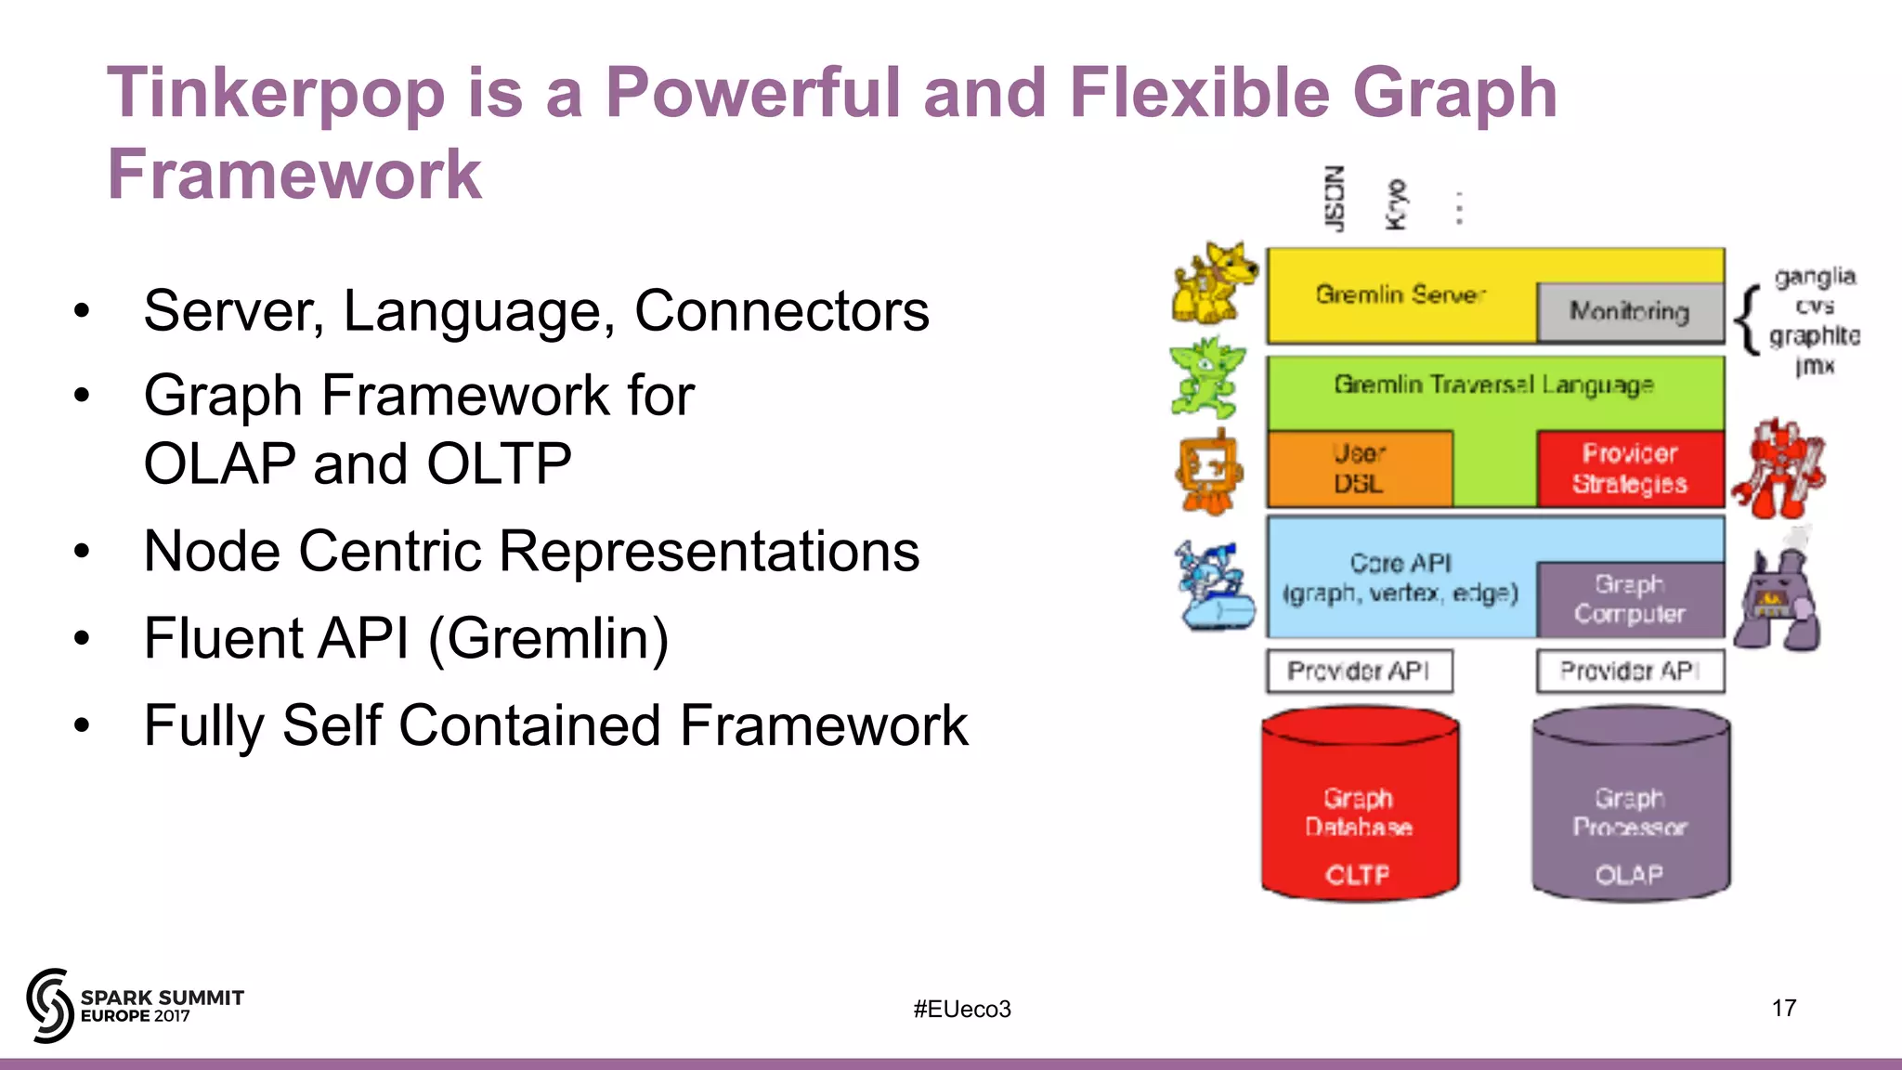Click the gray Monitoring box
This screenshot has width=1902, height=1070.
(1630, 312)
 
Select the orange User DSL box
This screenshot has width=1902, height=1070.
(1360, 468)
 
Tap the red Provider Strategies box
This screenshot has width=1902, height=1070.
(1630, 468)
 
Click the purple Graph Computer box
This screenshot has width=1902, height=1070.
(1630, 599)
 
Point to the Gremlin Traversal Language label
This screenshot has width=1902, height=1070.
(1493, 385)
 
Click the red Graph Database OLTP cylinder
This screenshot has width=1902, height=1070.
(1360, 808)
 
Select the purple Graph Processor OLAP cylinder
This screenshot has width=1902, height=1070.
(1631, 808)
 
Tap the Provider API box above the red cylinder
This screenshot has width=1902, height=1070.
(1360, 671)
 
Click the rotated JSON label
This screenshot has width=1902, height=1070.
(1335, 199)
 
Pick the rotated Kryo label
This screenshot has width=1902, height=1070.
(1396, 204)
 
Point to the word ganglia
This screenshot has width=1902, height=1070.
(1815, 277)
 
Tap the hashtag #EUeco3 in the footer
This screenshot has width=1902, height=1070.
(961, 1009)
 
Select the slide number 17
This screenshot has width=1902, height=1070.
(1783, 1008)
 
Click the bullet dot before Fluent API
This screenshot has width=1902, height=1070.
(83, 638)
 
